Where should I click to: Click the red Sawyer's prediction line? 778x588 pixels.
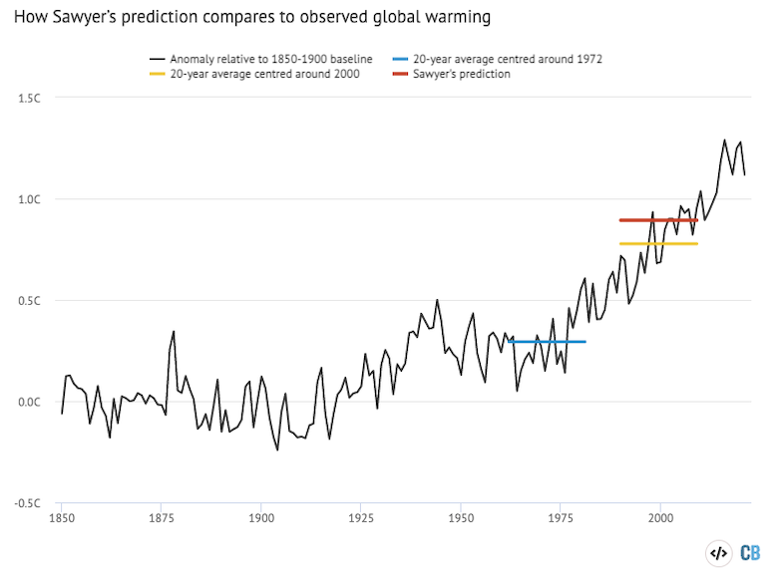[658, 219]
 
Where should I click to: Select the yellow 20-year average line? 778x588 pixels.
[658, 243]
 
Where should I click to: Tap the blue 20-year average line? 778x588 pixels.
[548, 342]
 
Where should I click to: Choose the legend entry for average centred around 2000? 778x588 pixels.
[259, 74]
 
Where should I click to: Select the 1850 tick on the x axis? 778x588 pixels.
[62, 518]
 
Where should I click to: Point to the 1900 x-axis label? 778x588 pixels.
[261, 518]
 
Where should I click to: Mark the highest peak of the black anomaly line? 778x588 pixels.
[724, 140]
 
